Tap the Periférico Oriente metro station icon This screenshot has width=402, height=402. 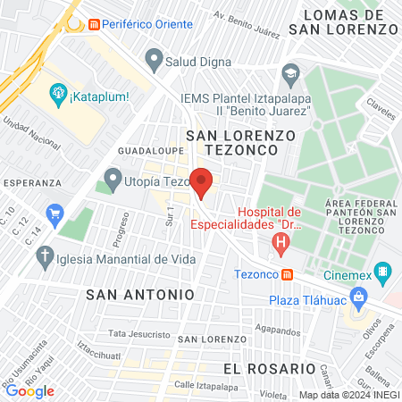pyautogui.click(x=94, y=24)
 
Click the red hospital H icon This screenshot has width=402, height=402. pyautogui.click(x=282, y=240)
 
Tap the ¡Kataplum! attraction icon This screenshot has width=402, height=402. pyautogui.click(x=58, y=91)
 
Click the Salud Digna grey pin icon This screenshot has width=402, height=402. pyautogui.click(x=155, y=62)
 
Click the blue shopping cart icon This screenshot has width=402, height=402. pyautogui.click(x=55, y=214)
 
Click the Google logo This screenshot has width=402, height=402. pyautogui.click(x=29, y=390)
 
